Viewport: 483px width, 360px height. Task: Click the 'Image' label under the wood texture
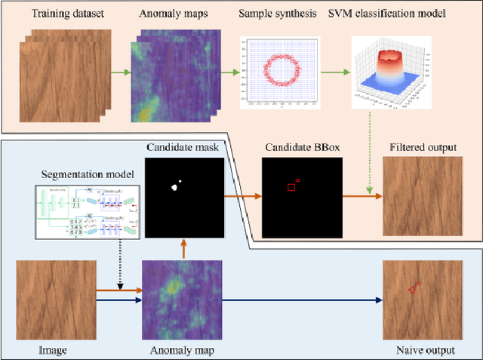(x=54, y=350)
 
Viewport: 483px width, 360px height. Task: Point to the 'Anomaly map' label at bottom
(x=183, y=350)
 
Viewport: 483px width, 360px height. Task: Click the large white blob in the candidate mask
(x=174, y=187)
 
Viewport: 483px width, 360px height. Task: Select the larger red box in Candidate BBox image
(x=291, y=186)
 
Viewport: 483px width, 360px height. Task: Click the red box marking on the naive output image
(x=413, y=288)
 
